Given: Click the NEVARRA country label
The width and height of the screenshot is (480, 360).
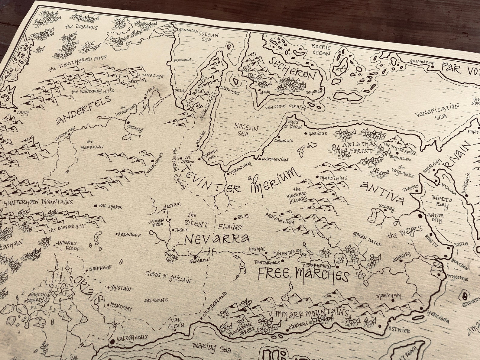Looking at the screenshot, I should pos(217,239).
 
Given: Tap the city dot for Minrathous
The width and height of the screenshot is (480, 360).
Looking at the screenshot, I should pos(218,88).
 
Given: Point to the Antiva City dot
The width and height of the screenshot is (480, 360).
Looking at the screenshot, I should pos(420,216).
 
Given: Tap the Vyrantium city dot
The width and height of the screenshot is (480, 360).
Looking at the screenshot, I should pos(227,174).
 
